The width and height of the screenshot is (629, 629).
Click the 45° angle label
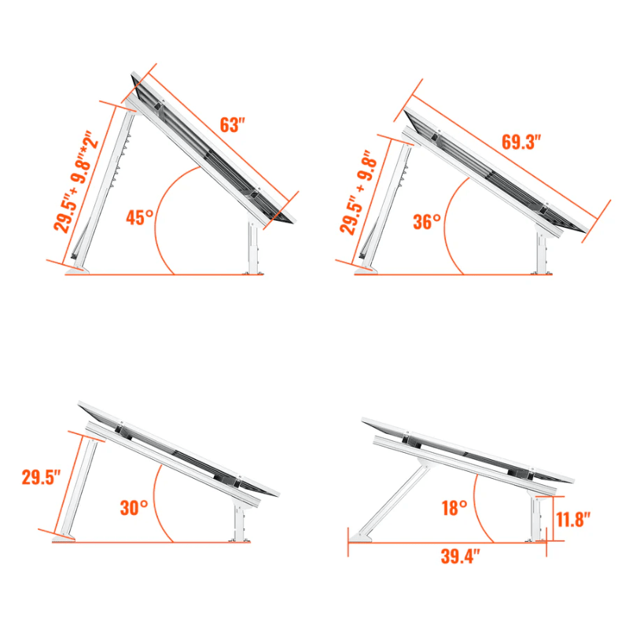[139, 218]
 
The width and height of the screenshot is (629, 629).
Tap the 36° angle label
[427, 221]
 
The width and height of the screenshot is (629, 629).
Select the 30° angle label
[134, 507]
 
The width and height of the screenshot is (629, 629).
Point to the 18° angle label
[454, 508]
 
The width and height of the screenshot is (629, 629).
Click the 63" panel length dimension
[233, 125]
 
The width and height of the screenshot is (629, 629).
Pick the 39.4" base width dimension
[456, 557]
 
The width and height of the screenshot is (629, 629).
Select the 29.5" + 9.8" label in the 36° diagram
[360, 193]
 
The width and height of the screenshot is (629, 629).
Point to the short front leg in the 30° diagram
[239, 521]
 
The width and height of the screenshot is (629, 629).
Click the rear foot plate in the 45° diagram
[78, 271]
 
